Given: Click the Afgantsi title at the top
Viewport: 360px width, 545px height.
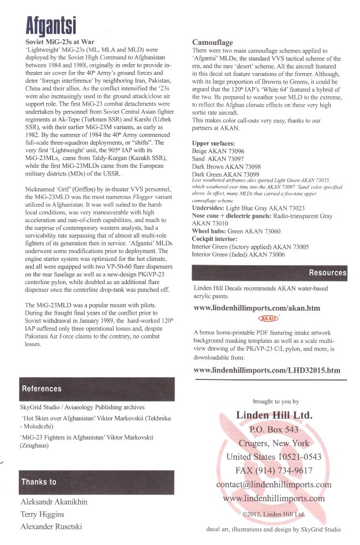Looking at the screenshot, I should [51, 25].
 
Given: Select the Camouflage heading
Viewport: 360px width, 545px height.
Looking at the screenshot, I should [212, 43].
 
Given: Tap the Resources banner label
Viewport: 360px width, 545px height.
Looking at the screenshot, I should [327, 273].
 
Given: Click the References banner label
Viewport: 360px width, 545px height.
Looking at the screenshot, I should [42, 389].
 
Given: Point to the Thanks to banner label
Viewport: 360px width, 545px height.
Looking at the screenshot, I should [39, 482].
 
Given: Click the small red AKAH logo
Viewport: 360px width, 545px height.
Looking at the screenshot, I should [269, 318].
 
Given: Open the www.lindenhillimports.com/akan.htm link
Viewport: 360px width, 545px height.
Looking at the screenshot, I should [256, 308].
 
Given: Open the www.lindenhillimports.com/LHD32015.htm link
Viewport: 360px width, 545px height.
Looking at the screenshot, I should [266, 370].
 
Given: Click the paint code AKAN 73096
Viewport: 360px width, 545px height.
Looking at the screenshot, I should [227, 151].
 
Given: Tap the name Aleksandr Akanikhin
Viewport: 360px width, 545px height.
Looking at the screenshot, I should [54, 502].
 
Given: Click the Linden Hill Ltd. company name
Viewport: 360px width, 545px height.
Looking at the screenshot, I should [274, 415].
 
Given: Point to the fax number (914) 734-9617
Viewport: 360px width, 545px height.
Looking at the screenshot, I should [283, 471].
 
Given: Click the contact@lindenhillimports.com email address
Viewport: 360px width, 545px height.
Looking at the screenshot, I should [274, 485].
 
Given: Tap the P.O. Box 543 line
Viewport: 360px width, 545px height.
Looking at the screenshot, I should [274, 429].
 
